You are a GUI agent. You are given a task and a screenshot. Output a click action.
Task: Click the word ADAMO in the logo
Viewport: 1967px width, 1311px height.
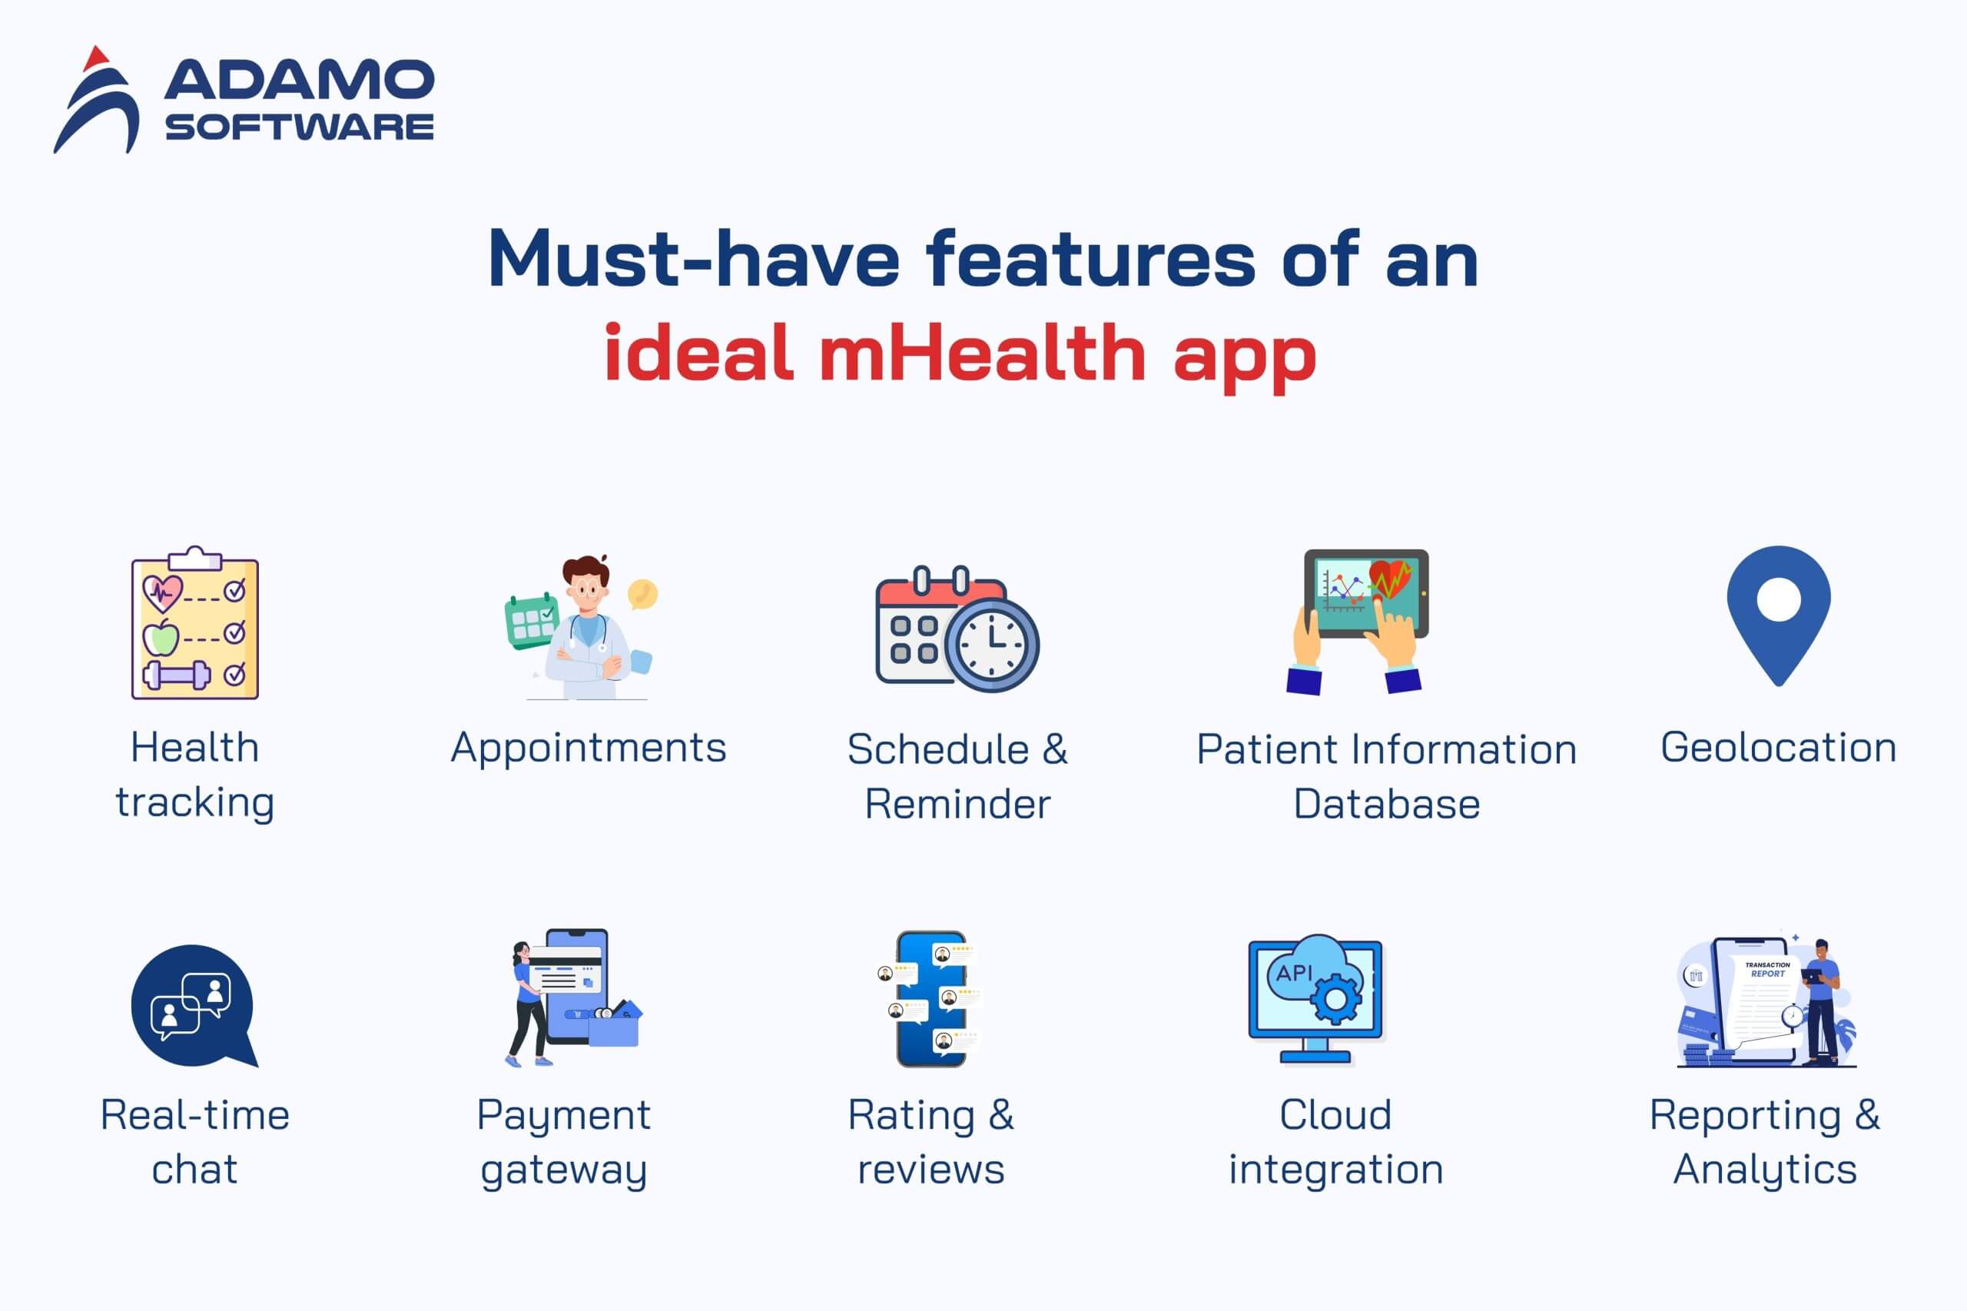(299, 79)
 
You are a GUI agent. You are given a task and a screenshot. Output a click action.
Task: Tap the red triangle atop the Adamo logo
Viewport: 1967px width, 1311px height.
(96, 58)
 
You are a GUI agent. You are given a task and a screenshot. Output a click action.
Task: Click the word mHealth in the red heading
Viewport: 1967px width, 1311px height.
(982, 352)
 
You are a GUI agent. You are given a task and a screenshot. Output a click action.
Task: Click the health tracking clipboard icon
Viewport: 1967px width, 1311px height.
(194, 623)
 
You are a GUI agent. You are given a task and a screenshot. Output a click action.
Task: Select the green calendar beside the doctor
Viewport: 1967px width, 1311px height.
(532, 620)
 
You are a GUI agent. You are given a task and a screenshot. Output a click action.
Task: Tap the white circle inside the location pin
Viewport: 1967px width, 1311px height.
(1779, 599)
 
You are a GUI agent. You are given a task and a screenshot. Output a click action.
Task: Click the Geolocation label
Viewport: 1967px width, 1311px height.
(1778, 748)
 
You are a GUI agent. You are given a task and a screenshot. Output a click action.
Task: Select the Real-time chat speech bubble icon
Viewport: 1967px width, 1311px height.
(194, 1006)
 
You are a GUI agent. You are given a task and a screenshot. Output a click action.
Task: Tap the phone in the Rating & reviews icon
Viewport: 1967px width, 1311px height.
(931, 999)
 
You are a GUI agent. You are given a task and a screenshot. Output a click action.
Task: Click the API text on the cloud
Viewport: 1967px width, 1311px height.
(1294, 972)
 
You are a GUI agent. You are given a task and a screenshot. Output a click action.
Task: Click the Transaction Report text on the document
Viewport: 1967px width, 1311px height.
(1767, 970)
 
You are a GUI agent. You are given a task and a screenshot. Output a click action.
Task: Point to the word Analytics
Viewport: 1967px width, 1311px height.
(1765, 1169)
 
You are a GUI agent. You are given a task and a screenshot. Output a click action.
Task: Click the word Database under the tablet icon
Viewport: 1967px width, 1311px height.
(1387, 805)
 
